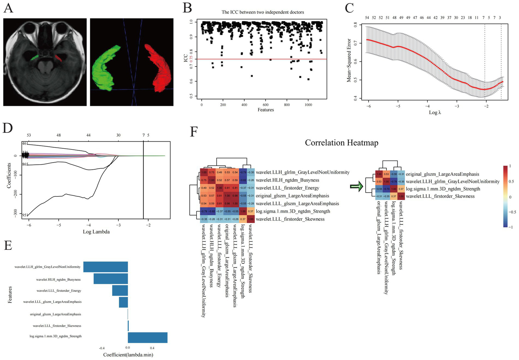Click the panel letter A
pos(8,7)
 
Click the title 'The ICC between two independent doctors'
pos(263,12)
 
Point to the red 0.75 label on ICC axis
pos(191,58)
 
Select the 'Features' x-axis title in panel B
pos(266,110)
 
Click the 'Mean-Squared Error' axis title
pos(349,60)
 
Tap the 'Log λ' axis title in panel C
pos(435,113)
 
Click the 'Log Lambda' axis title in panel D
pos(96,232)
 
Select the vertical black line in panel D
pos(143,183)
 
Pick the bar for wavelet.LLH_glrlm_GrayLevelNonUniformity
pos(105,267)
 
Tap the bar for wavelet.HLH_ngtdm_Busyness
pos(111,279)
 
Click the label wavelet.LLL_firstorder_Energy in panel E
pos(59,291)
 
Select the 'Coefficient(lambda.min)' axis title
pos(128,355)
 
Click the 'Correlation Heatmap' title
pos(341,143)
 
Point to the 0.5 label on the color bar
pos(511,182)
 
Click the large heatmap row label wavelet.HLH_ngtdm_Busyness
pos(287,180)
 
